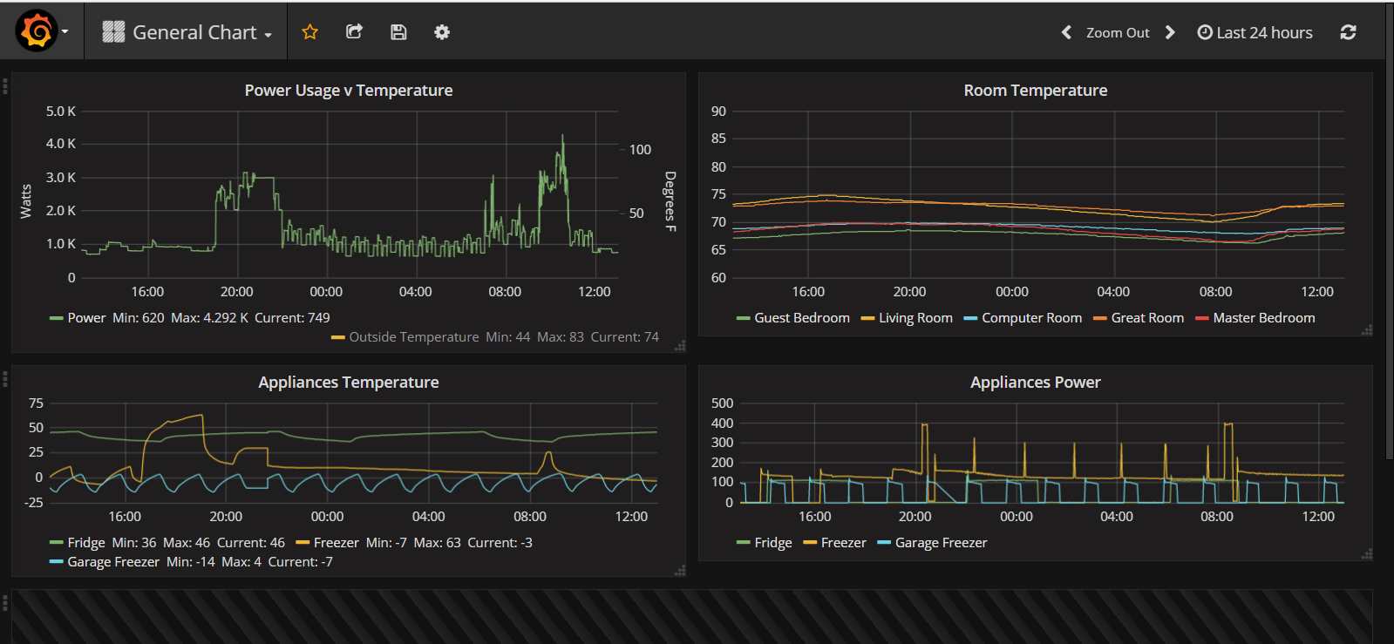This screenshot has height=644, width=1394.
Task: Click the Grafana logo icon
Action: [x=37, y=31]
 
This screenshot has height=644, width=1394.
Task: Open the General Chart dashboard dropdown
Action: [x=187, y=32]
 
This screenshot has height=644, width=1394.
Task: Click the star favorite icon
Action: [x=309, y=32]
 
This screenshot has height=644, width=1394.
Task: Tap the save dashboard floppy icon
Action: [x=398, y=32]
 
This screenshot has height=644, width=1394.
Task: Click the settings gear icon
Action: [x=442, y=32]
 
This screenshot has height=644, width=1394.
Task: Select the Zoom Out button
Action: [x=1117, y=33]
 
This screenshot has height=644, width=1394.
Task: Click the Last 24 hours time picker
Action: [x=1255, y=33]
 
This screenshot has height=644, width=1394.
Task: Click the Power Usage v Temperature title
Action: [x=348, y=91]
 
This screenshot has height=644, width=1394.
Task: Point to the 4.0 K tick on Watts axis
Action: [x=61, y=144]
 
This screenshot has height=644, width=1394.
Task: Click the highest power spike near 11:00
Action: [x=562, y=137]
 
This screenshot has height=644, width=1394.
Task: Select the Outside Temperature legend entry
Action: [x=413, y=337]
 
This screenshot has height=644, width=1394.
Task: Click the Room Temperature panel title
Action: [x=1035, y=91]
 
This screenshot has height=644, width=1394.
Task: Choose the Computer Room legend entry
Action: [x=1030, y=318]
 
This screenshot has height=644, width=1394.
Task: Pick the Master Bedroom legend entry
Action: [x=1263, y=318]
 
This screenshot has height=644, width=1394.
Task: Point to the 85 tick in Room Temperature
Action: [x=718, y=139]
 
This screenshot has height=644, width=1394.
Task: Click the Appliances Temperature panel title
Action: [x=348, y=383]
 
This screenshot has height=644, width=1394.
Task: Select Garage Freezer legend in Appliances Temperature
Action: [x=112, y=562]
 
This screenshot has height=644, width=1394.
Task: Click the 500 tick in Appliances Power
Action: [x=722, y=403]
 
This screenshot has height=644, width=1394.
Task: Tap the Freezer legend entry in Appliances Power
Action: [x=842, y=543]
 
